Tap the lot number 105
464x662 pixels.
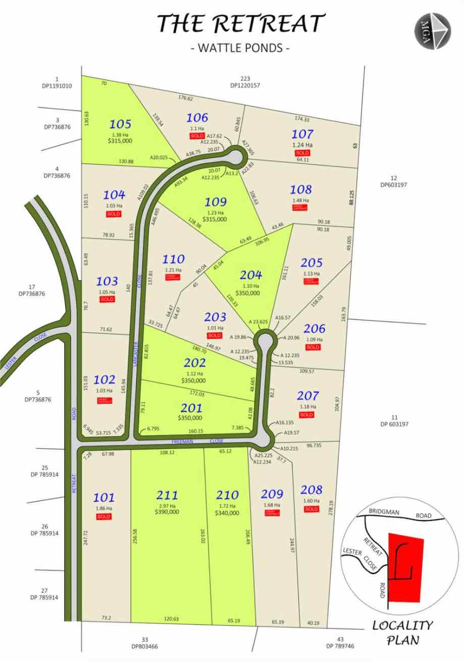click(120, 124)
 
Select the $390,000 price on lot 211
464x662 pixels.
click(167, 512)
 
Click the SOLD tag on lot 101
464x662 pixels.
click(104, 517)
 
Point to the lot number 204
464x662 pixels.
click(250, 275)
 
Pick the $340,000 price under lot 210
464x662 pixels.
click(227, 513)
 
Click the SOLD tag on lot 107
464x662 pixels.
click(302, 153)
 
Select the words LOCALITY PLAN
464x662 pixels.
click(402, 633)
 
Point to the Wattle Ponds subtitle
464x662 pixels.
click(240, 48)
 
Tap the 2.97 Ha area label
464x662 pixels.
click(167, 504)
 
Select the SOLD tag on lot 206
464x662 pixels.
click(313, 347)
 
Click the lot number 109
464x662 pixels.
click(216, 202)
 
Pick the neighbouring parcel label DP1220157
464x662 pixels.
click(245, 85)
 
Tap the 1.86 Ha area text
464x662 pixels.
click(104, 508)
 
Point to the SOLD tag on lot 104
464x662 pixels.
click(114, 214)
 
